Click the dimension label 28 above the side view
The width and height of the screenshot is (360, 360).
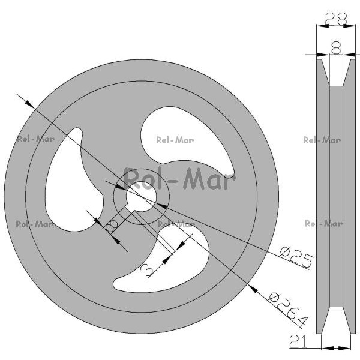pyautogui.click(x=336, y=19)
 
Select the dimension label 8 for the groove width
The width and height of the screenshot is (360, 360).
pyautogui.click(x=336, y=48)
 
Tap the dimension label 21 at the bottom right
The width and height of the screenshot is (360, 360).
pyautogui.click(x=298, y=341)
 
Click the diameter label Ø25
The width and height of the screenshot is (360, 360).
pyautogui.click(x=296, y=257)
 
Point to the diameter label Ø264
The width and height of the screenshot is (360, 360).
pyautogui.click(x=288, y=309)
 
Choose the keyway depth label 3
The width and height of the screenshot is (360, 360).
pyautogui.click(x=146, y=270)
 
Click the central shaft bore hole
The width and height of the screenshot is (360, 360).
pyautogui.click(x=142, y=196)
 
